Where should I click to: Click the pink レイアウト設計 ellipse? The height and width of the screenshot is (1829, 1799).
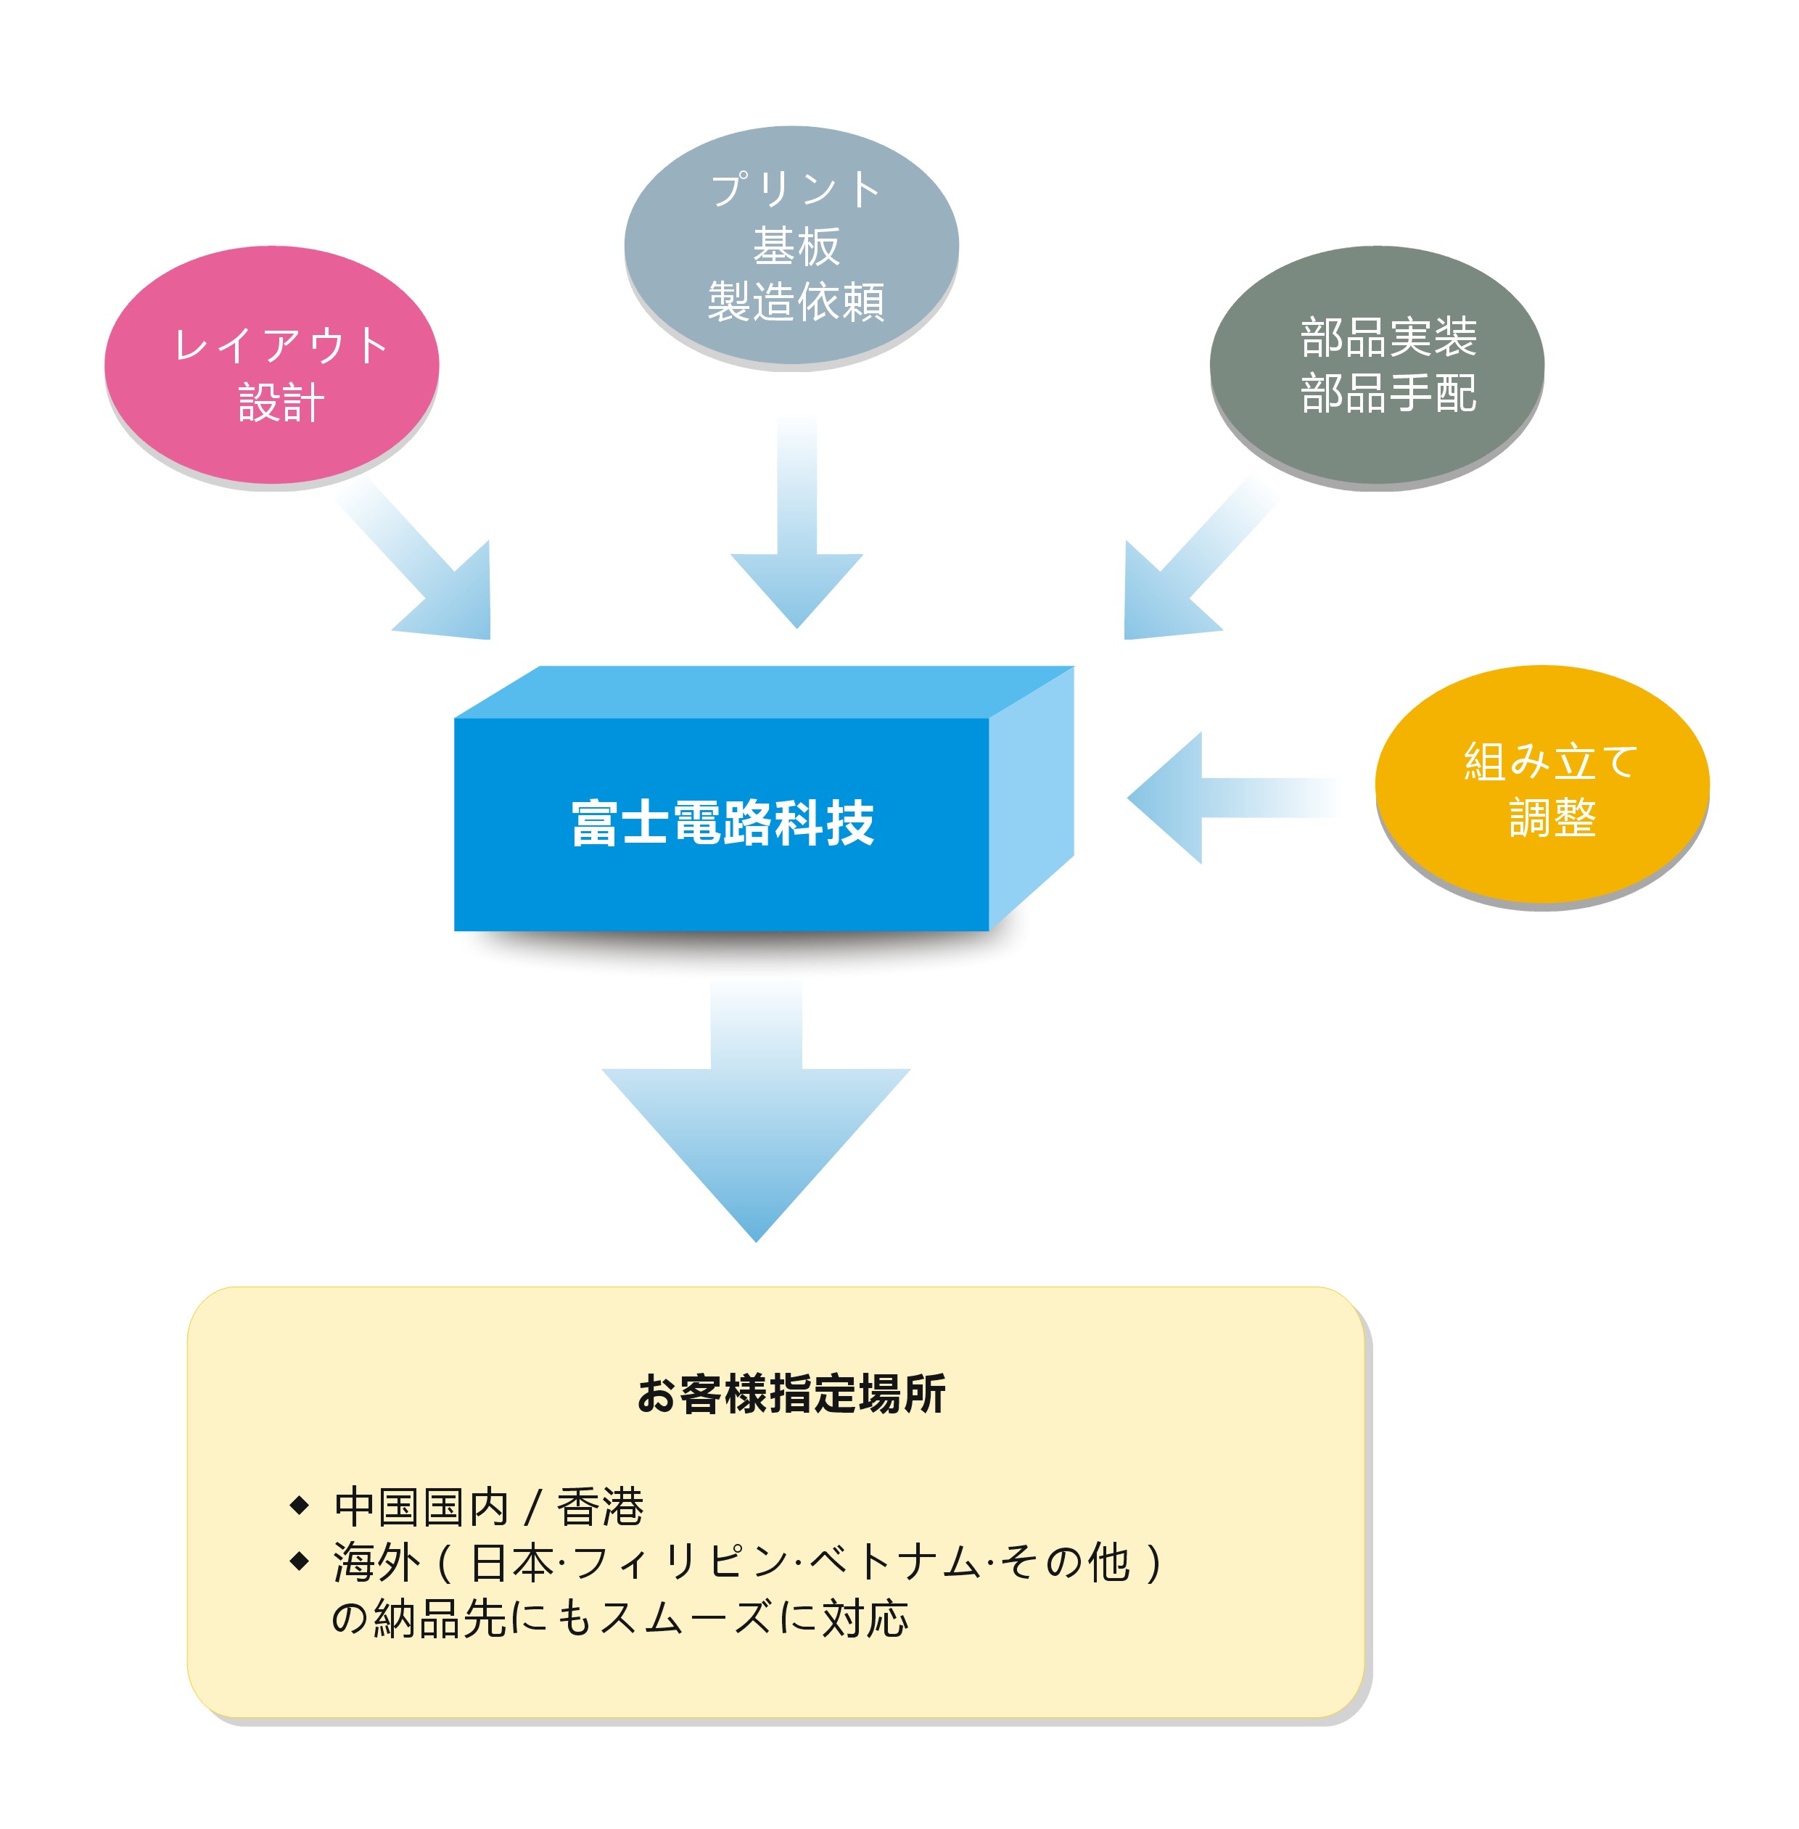coord(272,366)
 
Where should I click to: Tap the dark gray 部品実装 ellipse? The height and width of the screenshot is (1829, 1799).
coord(1378,366)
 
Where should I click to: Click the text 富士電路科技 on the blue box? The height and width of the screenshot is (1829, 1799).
coord(723,823)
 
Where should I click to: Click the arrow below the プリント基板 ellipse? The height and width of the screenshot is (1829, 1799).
coord(796,521)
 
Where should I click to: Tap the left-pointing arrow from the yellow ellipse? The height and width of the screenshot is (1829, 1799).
coord(1233,797)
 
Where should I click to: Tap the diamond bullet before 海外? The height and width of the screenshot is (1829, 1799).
coord(300,1561)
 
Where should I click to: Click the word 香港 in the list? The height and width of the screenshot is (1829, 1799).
coord(600,1506)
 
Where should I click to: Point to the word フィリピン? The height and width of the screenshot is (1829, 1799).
coord(680,1561)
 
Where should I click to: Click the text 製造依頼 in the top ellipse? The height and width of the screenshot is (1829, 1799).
coord(796,302)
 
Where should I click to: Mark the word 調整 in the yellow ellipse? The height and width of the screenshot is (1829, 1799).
coord(1552,817)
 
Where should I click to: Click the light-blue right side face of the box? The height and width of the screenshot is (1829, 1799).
coord(1032,798)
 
